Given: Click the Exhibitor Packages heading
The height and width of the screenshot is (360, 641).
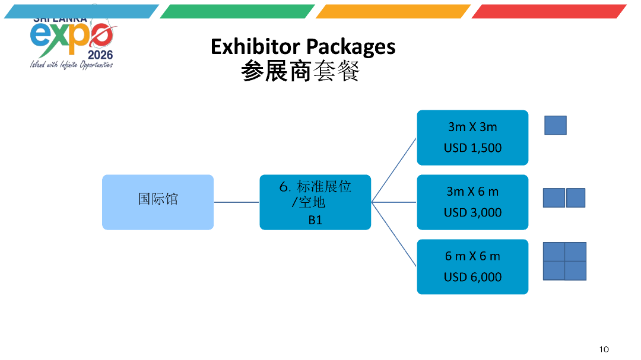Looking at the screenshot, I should [303, 46].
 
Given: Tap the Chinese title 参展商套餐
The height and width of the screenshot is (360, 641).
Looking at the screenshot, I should [300, 72].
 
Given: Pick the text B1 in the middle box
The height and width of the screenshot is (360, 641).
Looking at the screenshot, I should [315, 220].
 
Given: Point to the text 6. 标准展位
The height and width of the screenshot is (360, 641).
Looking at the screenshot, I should [315, 186].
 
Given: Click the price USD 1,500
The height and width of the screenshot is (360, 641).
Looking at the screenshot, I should [472, 148].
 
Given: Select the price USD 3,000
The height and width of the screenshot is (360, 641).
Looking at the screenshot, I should [472, 212].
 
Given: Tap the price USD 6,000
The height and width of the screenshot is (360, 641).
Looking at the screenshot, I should [472, 277].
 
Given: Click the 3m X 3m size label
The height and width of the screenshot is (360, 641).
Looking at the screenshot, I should [472, 127].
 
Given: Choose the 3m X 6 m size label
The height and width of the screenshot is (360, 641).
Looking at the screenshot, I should [472, 192].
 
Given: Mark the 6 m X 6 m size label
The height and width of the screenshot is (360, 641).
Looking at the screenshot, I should [472, 256].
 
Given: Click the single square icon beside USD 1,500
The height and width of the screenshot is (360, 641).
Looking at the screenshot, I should [556, 125].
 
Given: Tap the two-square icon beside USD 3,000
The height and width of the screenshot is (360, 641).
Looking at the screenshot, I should [564, 197].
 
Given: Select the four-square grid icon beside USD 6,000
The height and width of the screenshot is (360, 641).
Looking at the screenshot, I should [564, 261].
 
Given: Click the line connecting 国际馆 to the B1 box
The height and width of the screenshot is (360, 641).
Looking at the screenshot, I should [236, 202].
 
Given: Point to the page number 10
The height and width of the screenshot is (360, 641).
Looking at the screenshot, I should [604, 349].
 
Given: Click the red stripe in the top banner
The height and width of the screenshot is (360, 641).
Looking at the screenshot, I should [549, 11].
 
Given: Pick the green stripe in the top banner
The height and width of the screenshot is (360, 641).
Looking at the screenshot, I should [237, 11].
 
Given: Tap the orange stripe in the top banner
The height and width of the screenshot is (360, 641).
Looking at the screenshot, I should [393, 11].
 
